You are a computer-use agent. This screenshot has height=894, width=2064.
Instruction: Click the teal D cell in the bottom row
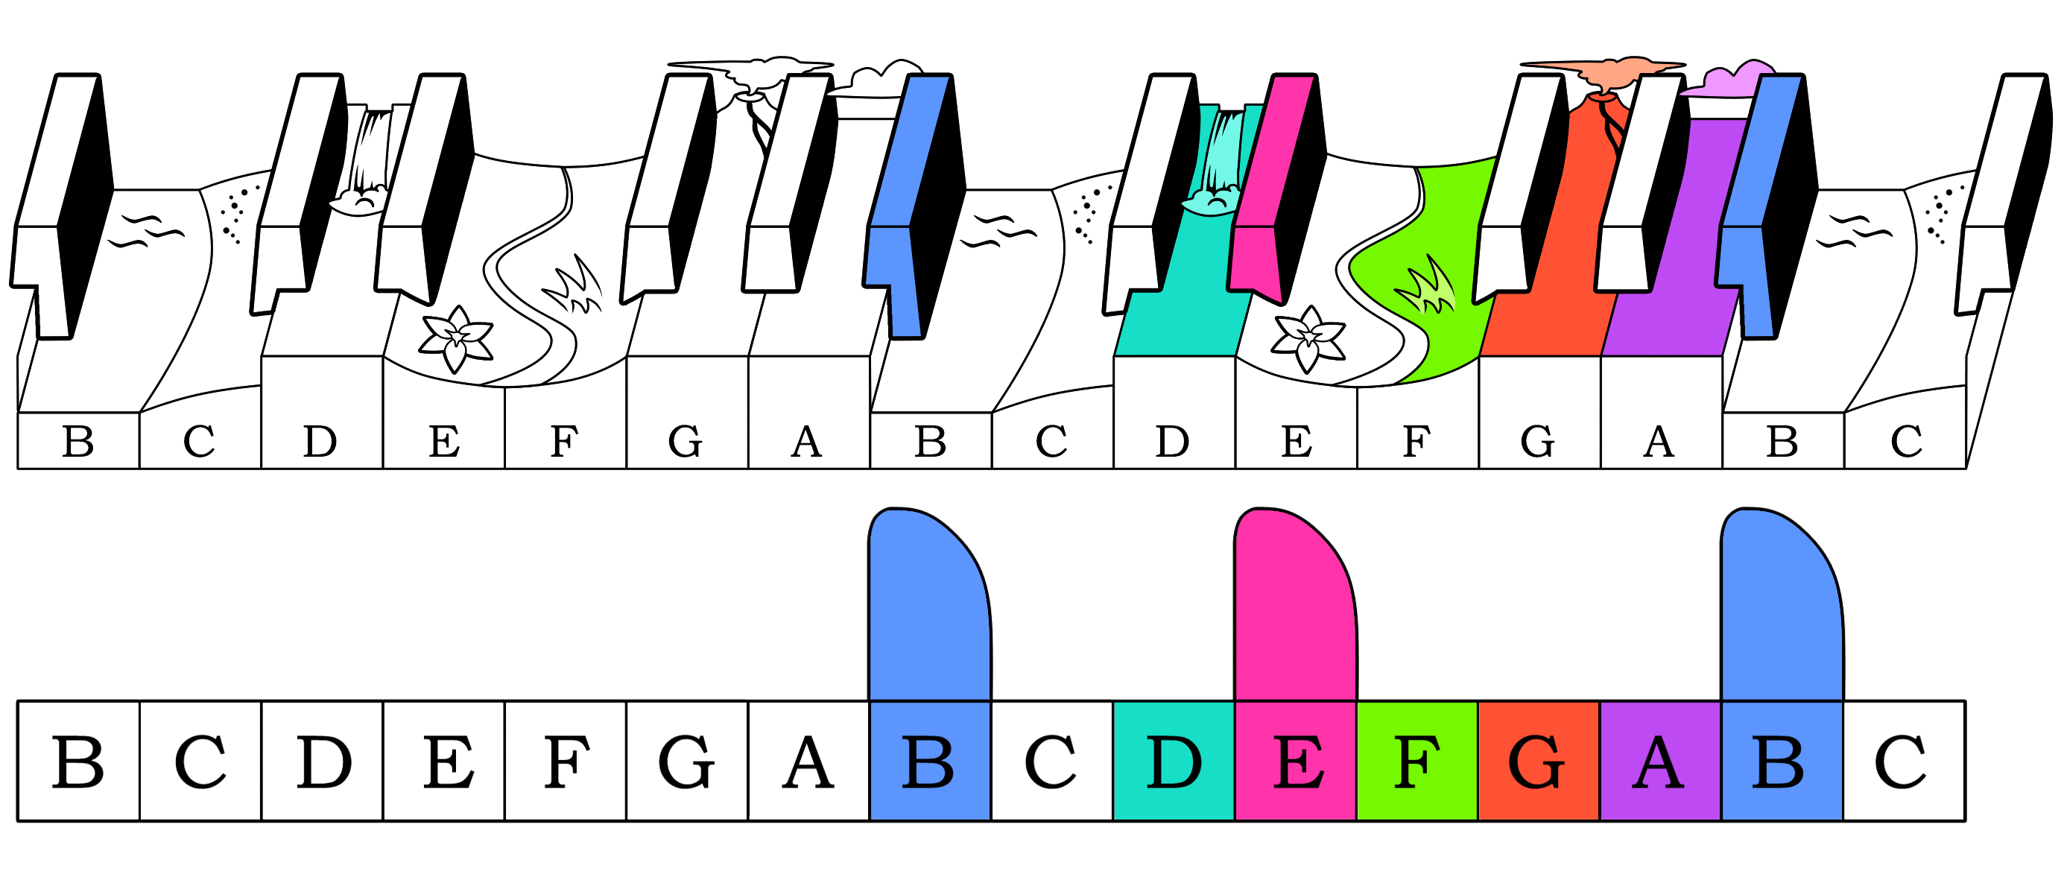tap(1173, 761)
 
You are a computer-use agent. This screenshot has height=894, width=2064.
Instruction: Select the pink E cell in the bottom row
tap(1296, 761)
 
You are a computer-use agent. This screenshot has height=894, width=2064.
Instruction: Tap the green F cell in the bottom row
tap(1417, 761)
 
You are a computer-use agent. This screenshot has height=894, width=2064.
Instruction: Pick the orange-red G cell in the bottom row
tap(1539, 761)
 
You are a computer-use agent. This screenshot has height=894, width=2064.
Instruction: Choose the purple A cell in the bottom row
tap(1660, 761)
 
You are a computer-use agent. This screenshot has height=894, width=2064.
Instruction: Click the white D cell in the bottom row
tap(322, 761)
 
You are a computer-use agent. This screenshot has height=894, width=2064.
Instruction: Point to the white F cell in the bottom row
tap(565, 761)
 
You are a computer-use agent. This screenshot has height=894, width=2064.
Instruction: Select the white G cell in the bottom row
tap(687, 761)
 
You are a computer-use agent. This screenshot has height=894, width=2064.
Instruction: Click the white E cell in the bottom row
tap(444, 761)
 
